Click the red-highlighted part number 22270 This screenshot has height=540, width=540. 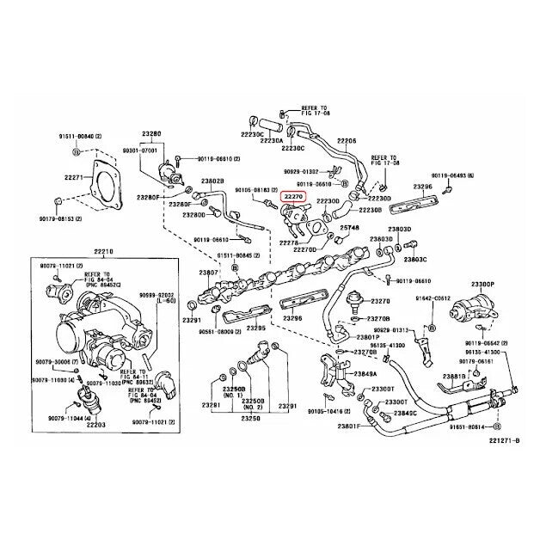(295, 196)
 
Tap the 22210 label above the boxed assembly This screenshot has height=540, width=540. (103, 250)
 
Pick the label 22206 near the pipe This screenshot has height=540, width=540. (347, 139)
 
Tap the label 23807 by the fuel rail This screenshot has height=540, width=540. (209, 273)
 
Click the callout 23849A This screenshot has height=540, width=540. (363, 373)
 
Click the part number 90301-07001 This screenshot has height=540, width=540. (140, 149)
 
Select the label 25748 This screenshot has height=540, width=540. (349, 228)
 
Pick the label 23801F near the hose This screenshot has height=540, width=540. (349, 426)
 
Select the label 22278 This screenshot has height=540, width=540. (289, 243)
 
